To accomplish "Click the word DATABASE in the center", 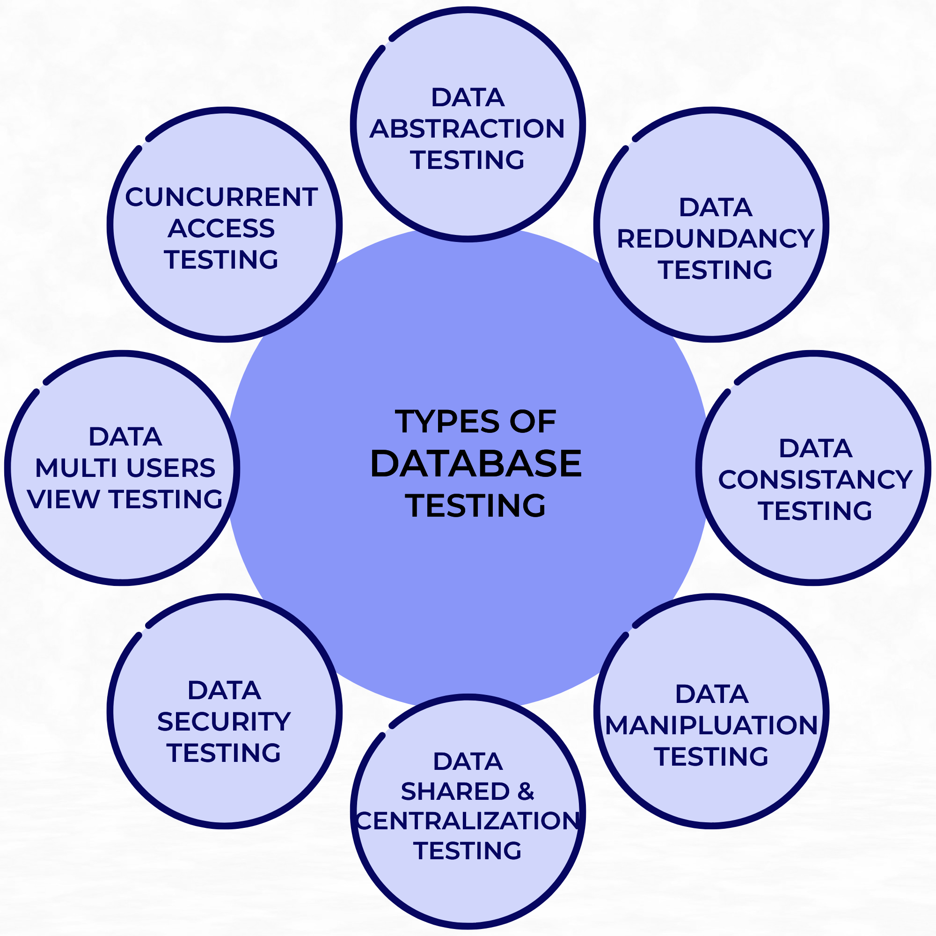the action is click(x=476, y=464).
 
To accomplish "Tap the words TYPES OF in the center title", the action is click(x=476, y=422).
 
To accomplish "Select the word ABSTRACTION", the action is click(x=468, y=128).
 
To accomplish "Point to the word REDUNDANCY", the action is click(x=716, y=238).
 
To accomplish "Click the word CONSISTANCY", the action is click(x=815, y=480).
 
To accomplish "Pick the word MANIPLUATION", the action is click(x=712, y=725).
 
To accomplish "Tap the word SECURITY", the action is click(x=224, y=722).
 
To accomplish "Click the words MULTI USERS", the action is click(x=125, y=468).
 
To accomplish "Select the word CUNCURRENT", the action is click(x=221, y=197).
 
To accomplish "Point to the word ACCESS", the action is click(x=221, y=228).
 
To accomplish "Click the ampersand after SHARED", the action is click(x=526, y=792).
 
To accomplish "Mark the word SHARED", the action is click(x=455, y=792).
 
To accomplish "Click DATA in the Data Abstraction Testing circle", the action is click(x=468, y=97).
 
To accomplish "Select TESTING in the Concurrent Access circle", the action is click(x=221, y=260).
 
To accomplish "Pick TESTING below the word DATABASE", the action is click(x=476, y=506).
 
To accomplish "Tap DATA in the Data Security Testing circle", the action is click(x=224, y=690).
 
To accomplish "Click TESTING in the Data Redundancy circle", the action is click(x=716, y=270).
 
